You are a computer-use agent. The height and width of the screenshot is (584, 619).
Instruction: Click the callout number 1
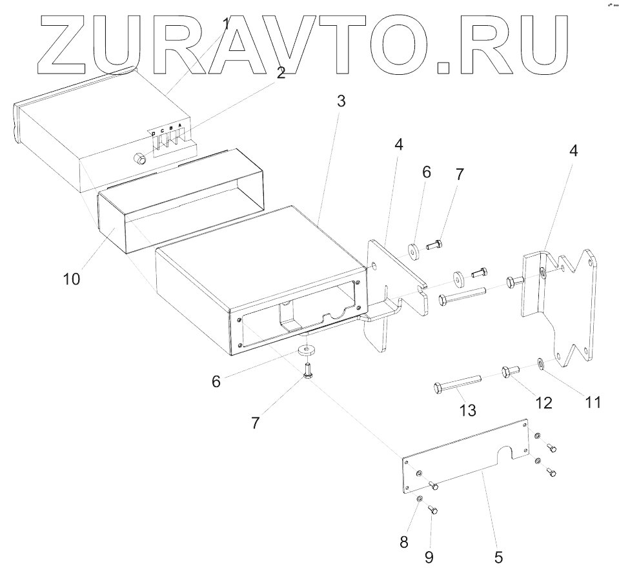pyautogui.click(x=226, y=25)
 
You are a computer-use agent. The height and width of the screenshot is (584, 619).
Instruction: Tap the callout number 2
pyautogui.click(x=281, y=72)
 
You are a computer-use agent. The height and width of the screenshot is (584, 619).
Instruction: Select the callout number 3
pyautogui.click(x=341, y=101)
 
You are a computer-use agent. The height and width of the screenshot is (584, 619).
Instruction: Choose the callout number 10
pyautogui.click(x=72, y=279)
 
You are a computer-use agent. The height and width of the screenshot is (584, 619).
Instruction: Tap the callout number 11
pyautogui.click(x=593, y=402)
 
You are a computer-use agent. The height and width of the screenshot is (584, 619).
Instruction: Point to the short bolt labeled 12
pyautogui.click(x=510, y=372)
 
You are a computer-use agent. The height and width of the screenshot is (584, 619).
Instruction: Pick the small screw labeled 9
pyautogui.click(x=433, y=510)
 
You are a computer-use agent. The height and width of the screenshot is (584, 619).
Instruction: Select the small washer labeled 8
pyautogui.click(x=420, y=499)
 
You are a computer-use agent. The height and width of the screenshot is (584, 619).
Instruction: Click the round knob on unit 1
pyautogui.click(x=138, y=157)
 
